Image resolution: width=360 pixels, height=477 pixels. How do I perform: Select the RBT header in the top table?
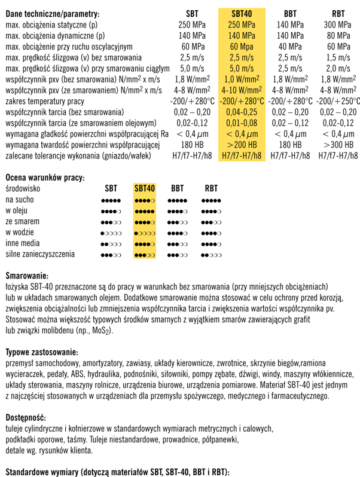(x=338, y=13)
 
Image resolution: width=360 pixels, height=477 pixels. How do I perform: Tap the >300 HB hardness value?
(x=338, y=144)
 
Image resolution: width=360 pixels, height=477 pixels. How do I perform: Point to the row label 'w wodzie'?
(x=21, y=232)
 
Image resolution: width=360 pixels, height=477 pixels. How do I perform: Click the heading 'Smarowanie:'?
(x=26, y=277)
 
